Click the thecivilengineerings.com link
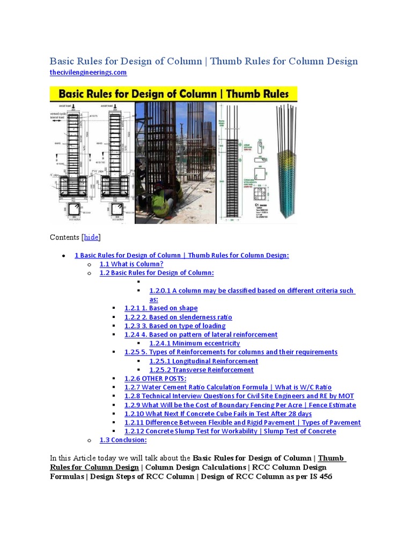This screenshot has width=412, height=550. click(x=88, y=72)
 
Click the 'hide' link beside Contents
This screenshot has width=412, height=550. click(x=91, y=237)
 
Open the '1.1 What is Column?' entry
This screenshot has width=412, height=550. click(x=131, y=264)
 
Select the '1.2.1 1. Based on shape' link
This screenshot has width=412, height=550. click(x=161, y=308)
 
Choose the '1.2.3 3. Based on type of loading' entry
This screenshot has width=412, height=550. click(x=175, y=326)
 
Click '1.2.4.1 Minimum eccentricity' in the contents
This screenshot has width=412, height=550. click(x=194, y=343)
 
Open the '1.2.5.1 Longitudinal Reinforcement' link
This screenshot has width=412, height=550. click(x=203, y=361)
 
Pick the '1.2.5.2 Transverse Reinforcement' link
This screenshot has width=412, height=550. click(x=201, y=370)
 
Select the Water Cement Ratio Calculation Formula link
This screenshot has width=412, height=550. click(x=228, y=387)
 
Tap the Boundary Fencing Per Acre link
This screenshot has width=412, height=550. click(x=240, y=405)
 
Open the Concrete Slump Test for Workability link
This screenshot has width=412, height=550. click(x=230, y=431)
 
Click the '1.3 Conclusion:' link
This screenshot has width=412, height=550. click(x=123, y=440)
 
